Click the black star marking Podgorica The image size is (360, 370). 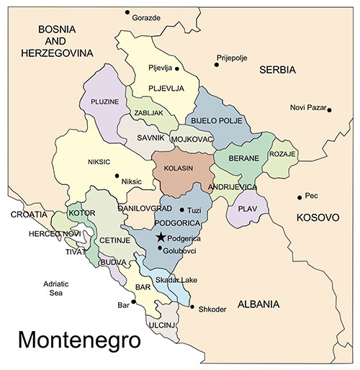tap(161, 237)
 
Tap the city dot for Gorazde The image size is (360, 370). tap(127, 13)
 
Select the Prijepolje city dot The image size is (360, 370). tap(216, 65)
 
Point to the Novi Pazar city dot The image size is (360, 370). tap(328, 109)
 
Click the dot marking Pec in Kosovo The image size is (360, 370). tap(300, 197)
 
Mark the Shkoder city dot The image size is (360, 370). tap(192, 307)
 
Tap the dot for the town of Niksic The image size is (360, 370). tap(117, 175)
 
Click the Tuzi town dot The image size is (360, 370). tap(181, 209)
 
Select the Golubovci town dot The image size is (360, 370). tap(159, 249)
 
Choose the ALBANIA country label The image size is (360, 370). tap(251, 304)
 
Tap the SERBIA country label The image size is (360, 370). tap(277, 70)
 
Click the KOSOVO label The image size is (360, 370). tap(317, 217)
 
